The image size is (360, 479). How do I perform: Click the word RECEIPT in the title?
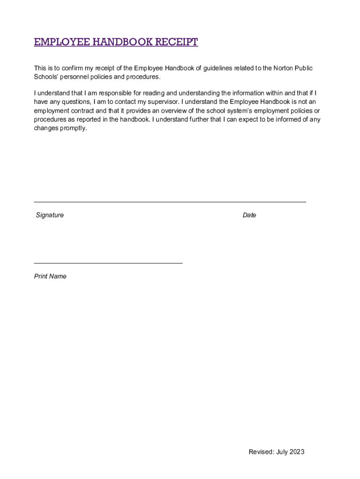click(177, 42)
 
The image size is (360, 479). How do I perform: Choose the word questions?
click(74, 102)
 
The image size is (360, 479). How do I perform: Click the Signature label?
click(50, 215)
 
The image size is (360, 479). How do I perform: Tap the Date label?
click(249, 215)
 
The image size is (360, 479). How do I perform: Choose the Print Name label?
click(50, 276)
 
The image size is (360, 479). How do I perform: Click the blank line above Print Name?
click(108, 263)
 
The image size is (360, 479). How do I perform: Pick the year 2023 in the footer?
click(296, 451)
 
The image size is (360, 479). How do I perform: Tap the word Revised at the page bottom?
click(260, 451)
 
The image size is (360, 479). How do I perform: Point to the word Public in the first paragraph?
click(303, 68)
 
